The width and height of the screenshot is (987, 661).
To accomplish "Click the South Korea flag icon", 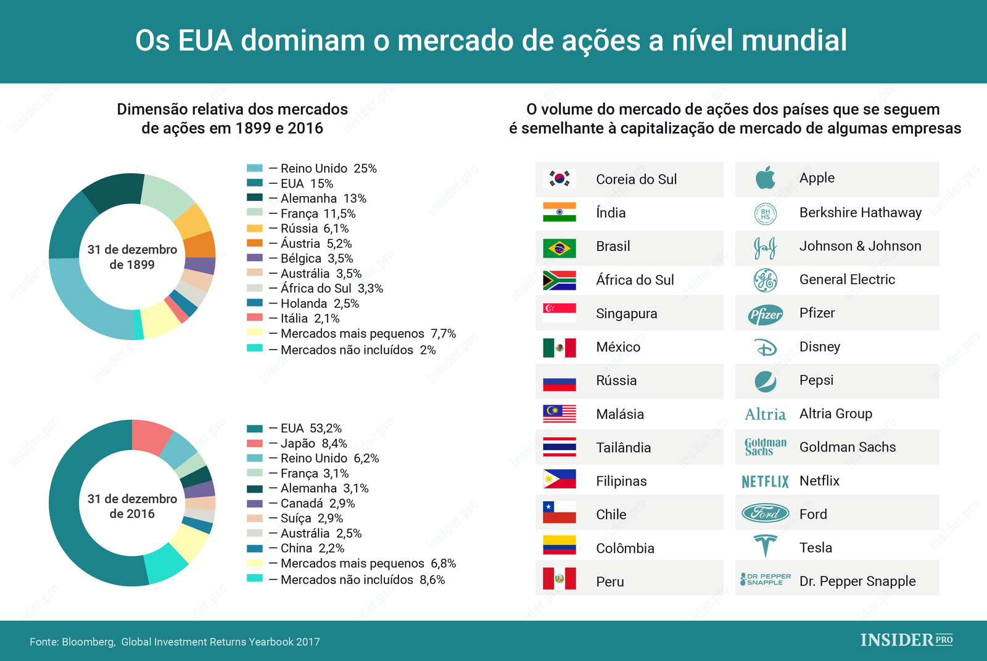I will (559, 179).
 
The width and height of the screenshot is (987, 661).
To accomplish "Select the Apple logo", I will (765, 178).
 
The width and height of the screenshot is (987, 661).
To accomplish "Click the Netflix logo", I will (765, 482).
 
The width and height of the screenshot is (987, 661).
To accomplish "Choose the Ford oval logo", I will (765, 513).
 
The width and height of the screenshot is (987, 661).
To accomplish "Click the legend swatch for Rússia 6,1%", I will (255, 228).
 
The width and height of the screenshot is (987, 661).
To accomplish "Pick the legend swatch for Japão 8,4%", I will (255, 443).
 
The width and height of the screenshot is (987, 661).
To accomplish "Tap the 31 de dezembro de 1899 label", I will (132, 257).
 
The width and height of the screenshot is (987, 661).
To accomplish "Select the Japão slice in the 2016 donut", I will (151, 435).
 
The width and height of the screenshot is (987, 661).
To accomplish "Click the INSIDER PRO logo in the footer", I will (906, 640).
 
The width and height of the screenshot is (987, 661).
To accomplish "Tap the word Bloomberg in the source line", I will (88, 642).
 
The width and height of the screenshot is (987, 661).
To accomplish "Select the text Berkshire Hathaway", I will (860, 213).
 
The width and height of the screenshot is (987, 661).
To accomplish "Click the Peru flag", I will (559, 578).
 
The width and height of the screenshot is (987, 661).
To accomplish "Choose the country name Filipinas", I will (621, 481).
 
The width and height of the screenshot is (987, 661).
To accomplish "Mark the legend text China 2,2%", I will (312, 548).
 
